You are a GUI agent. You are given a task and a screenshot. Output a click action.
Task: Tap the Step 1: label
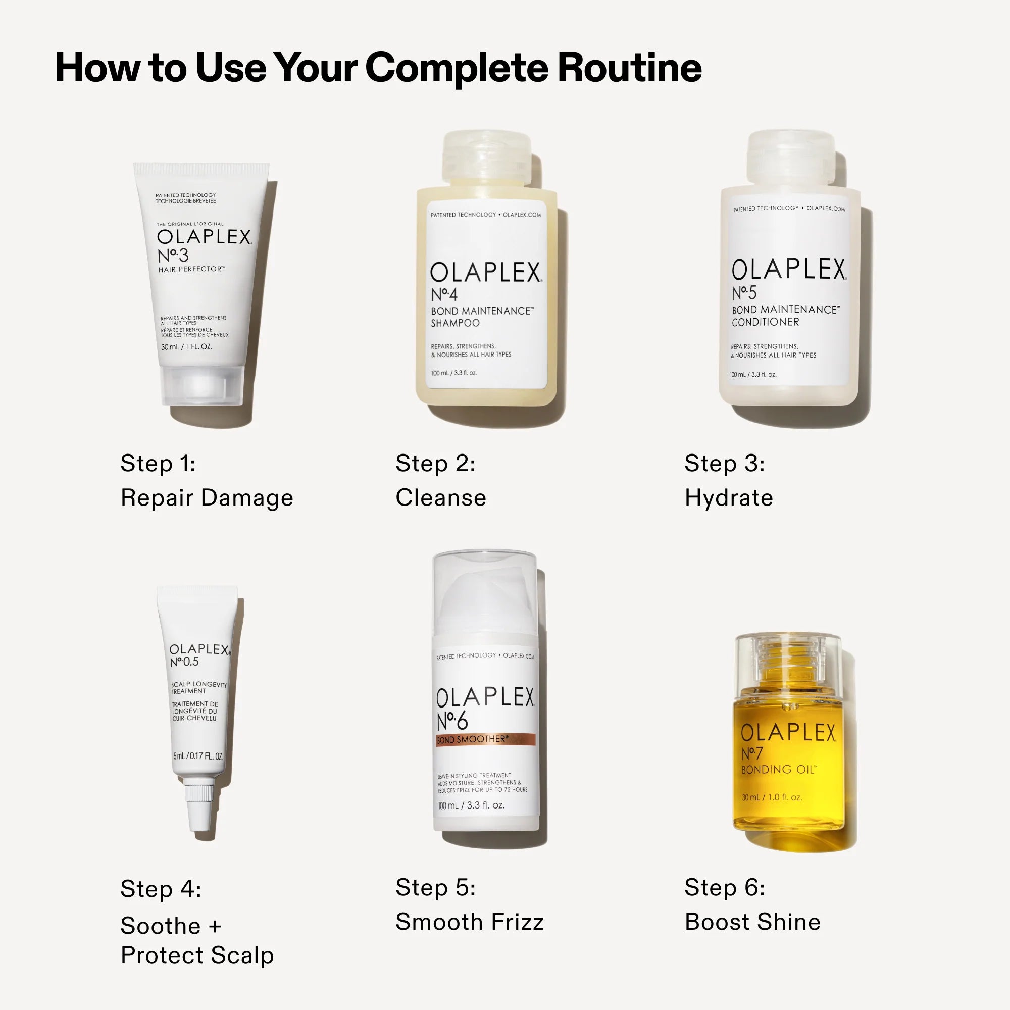click(158, 463)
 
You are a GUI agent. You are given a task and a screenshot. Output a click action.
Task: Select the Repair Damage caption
click(207, 498)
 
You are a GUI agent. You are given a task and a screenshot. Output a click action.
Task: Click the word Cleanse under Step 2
click(441, 498)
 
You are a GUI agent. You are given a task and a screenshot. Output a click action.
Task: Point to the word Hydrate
click(729, 498)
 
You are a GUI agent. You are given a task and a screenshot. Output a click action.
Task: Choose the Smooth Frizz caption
click(470, 922)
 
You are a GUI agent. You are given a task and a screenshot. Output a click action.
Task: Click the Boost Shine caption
click(752, 922)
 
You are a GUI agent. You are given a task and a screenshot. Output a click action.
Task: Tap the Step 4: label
click(161, 889)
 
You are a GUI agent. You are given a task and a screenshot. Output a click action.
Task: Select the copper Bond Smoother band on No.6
click(485, 740)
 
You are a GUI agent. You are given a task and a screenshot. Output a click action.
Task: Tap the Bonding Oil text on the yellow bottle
click(778, 770)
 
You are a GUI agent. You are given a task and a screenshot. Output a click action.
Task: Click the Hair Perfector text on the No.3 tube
click(192, 269)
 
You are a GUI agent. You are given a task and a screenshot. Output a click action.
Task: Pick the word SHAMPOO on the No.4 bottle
click(456, 323)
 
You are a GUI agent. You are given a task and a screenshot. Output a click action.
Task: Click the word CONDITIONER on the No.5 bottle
click(766, 322)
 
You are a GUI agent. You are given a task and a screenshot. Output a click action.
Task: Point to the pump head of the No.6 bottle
click(485, 596)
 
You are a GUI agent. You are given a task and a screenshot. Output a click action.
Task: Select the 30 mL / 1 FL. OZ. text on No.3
click(187, 346)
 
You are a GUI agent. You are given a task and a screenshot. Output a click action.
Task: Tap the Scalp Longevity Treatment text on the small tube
click(198, 688)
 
